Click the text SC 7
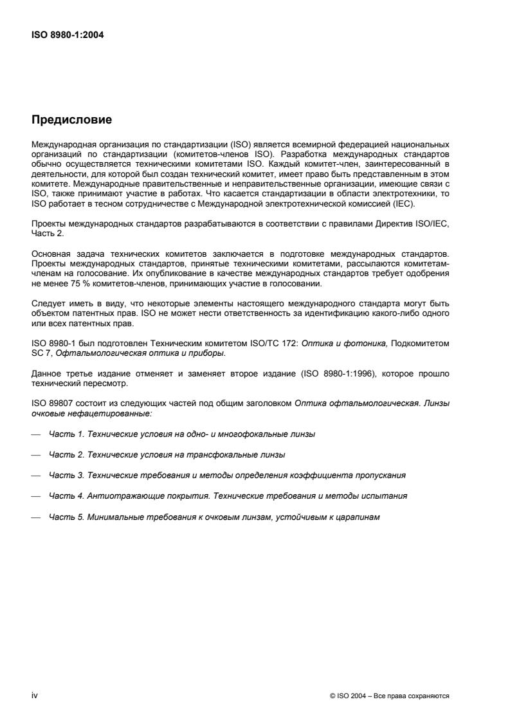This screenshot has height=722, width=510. [40, 353]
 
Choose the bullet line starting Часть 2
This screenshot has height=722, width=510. [167, 454]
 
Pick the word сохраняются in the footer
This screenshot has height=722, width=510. [430, 695]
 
